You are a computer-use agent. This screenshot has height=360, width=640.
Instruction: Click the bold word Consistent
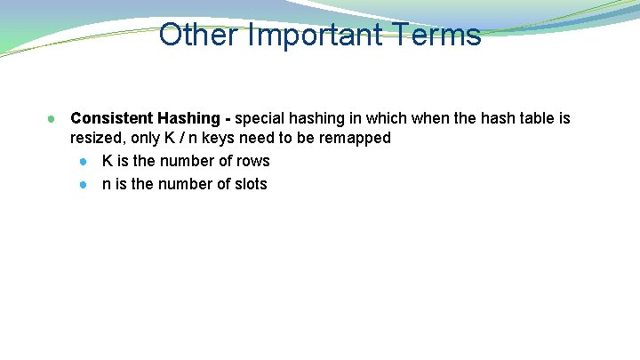(111, 118)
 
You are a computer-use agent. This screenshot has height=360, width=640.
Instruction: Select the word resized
(98, 139)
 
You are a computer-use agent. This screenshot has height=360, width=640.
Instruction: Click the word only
(146, 139)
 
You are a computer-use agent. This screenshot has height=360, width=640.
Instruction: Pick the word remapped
(360, 139)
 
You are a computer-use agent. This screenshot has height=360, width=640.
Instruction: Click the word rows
(252, 161)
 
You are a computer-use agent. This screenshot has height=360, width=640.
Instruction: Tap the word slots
(249, 184)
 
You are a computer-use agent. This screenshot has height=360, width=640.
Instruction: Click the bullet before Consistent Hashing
(53, 118)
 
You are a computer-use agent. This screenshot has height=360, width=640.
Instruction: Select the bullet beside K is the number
(82, 162)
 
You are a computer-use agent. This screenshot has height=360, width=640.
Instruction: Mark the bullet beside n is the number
(82, 185)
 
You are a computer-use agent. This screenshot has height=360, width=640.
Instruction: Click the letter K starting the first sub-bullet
(108, 161)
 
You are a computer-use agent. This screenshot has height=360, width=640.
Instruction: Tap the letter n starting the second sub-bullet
(107, 184)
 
